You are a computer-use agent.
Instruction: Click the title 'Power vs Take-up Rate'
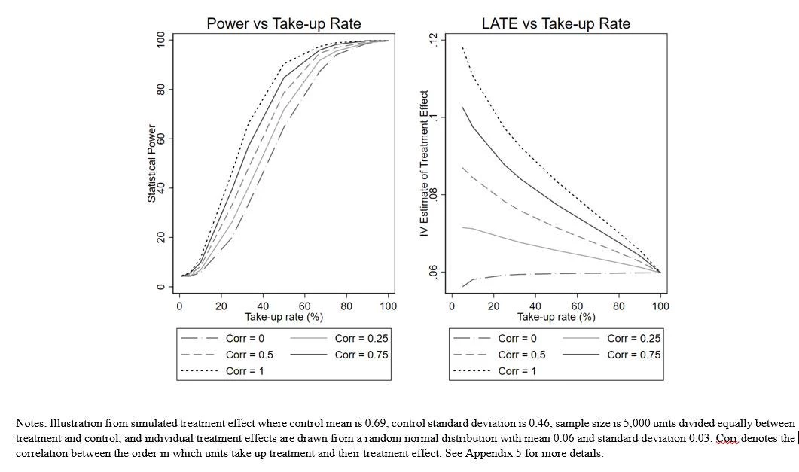tap(284, 24)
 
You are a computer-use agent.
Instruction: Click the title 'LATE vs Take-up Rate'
tap(556, 24)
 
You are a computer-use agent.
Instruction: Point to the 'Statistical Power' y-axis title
tap(151, 163)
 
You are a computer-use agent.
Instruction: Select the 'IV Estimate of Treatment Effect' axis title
tap(424, 164)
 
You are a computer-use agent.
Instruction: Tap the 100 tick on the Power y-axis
tap(160, 40)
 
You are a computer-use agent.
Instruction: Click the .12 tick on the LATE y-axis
tap(432, 40)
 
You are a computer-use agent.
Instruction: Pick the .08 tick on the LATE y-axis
tap(432, 194)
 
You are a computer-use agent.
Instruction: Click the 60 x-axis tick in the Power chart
tap(305, 306)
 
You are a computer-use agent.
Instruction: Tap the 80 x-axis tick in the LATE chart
tap(618, 306)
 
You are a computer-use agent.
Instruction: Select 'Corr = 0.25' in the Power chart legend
tap(361, 339)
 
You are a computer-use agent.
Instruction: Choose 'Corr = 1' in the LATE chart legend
tap(517, 370)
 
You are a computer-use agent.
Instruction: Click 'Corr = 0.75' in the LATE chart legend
tap(633, 355)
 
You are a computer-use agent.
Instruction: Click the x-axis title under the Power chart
tap(284, 317)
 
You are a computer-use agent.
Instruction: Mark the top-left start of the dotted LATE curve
tap(462, 47)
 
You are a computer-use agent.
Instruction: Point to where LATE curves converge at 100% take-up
tap(660, 272)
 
